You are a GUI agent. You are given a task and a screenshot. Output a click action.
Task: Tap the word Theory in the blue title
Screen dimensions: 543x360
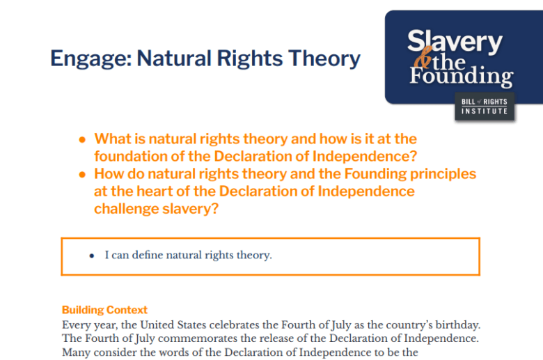[324, 58]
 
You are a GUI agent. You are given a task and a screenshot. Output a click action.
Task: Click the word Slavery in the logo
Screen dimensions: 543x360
[455, 41]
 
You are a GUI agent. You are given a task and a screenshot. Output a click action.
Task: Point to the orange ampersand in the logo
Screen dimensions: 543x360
[423, 58]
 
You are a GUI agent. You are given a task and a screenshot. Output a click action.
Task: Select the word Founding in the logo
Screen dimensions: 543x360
[462, 76]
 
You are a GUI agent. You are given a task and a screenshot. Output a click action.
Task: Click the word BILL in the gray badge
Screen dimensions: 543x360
[469, 102]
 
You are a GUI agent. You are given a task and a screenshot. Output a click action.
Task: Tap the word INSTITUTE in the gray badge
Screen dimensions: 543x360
[485, 111]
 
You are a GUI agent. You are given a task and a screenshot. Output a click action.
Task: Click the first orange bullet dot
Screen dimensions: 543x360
[82, 140]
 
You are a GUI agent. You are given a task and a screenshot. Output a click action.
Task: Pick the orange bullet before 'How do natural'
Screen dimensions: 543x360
[82, 174]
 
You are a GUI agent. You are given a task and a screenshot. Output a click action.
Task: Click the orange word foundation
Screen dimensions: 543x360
[131, 156]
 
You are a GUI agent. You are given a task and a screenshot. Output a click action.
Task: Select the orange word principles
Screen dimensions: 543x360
[443, 174]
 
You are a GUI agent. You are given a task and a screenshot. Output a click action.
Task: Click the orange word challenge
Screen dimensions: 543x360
[126, 209]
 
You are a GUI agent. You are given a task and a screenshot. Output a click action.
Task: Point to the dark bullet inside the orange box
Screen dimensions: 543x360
[92, 256]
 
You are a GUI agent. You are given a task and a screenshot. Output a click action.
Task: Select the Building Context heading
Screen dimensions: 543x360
[104, 310]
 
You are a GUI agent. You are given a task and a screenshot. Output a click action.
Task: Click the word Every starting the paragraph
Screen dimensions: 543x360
[73, 325]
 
